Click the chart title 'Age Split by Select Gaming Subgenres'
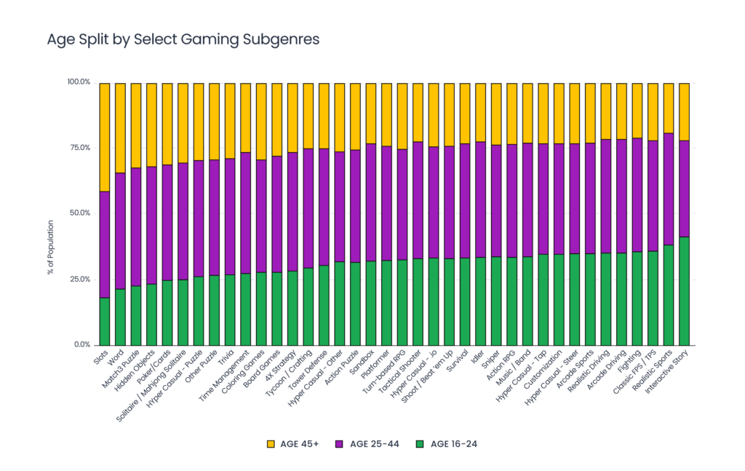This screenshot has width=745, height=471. coord(183,39)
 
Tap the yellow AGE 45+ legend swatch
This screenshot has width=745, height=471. coord(271,444)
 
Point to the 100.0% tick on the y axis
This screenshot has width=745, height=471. coord(78,82)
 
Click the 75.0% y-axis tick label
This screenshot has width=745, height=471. coord(79,148)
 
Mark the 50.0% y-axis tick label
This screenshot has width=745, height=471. coord(79,213)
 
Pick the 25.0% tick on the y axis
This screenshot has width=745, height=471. coord(79,280)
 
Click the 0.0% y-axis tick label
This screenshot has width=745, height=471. coord(81,345)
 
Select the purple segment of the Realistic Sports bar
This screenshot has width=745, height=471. coord(669,189)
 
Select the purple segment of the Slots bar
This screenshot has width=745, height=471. coord(104,245)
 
